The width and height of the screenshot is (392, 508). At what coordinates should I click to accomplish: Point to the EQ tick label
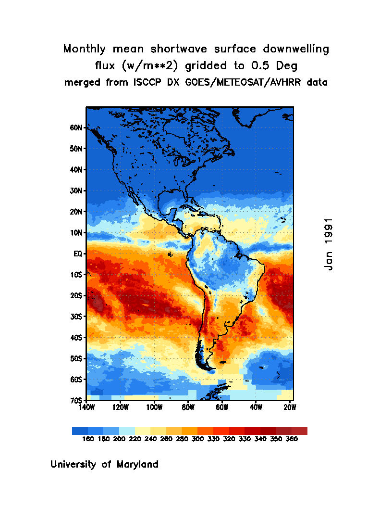click(x=79, y=254)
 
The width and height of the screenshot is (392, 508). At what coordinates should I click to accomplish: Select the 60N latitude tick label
click(x=77, y=128)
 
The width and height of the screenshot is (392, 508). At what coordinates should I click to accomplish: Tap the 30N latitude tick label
click(x=77, y=190)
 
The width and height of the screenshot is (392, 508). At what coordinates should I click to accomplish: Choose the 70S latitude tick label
click(x=77, y=400)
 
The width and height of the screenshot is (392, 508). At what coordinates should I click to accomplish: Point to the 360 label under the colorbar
click(x=291, y=439)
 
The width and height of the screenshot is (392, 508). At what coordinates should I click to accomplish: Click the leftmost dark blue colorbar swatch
click(x=80, y=431)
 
